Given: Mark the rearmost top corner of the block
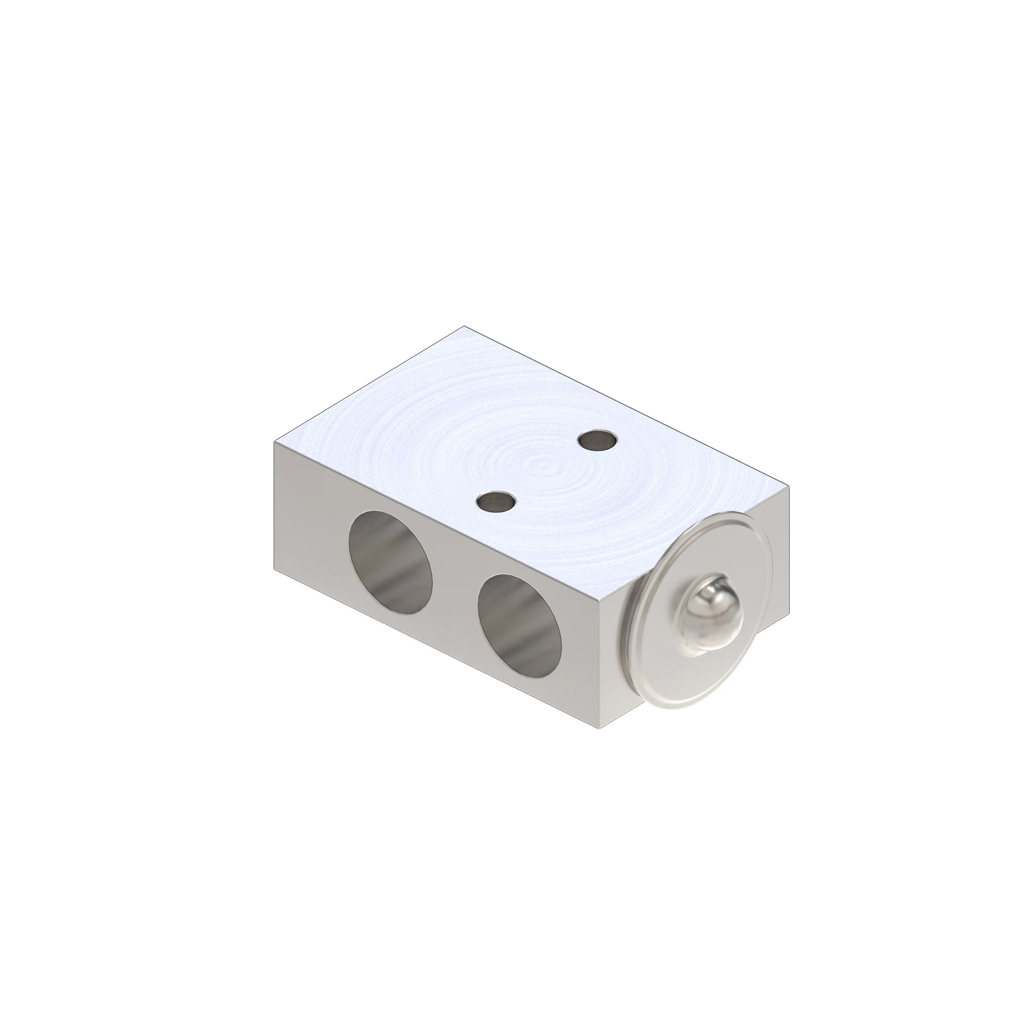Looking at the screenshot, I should click(x=464, y=326).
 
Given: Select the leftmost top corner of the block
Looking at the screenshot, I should click(x=275, y=426).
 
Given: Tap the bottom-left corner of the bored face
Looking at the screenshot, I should click(x=275, y=568).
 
